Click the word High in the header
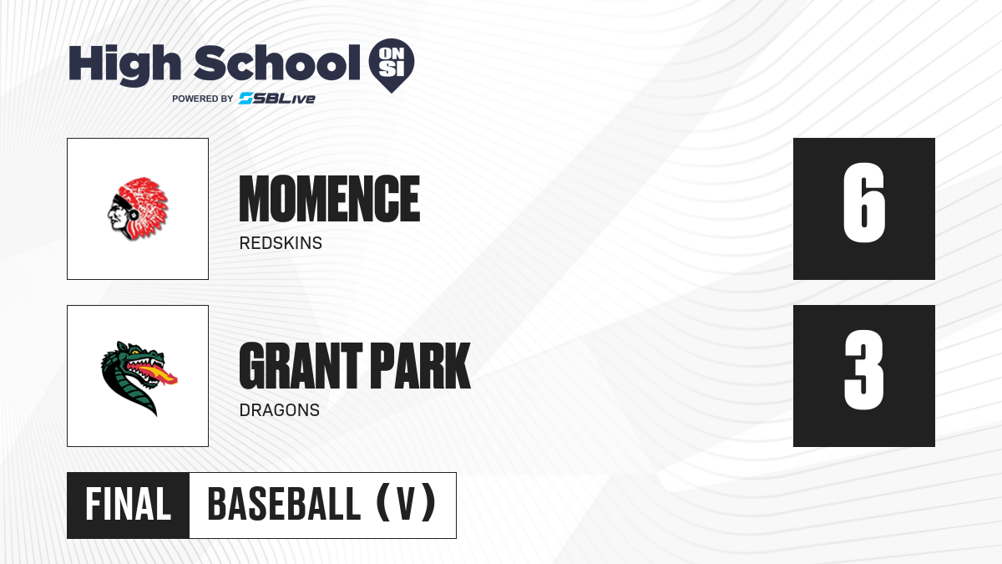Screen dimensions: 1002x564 coord(125,65)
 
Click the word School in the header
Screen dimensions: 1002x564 coord(277,63)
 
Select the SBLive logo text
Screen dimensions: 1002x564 coord(277,99)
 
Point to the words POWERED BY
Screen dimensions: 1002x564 coord(203,99)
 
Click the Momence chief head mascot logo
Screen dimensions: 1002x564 coord(138,209)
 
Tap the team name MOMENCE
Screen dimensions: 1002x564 coord(330,199)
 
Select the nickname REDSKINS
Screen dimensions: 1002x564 coord(281,243)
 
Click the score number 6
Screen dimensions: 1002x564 coord(863,203)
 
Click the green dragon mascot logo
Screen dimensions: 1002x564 coord(139,379)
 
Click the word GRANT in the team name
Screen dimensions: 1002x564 coord(301,366)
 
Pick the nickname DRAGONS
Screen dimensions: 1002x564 coord(280,410)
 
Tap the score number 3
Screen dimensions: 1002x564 coord(863,369)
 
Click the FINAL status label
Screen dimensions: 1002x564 coord(129,505)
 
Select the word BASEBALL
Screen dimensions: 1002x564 coord(284,505)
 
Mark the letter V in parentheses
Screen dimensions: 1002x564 coord(406,505)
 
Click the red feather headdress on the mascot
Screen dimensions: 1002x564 coord(145,205)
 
